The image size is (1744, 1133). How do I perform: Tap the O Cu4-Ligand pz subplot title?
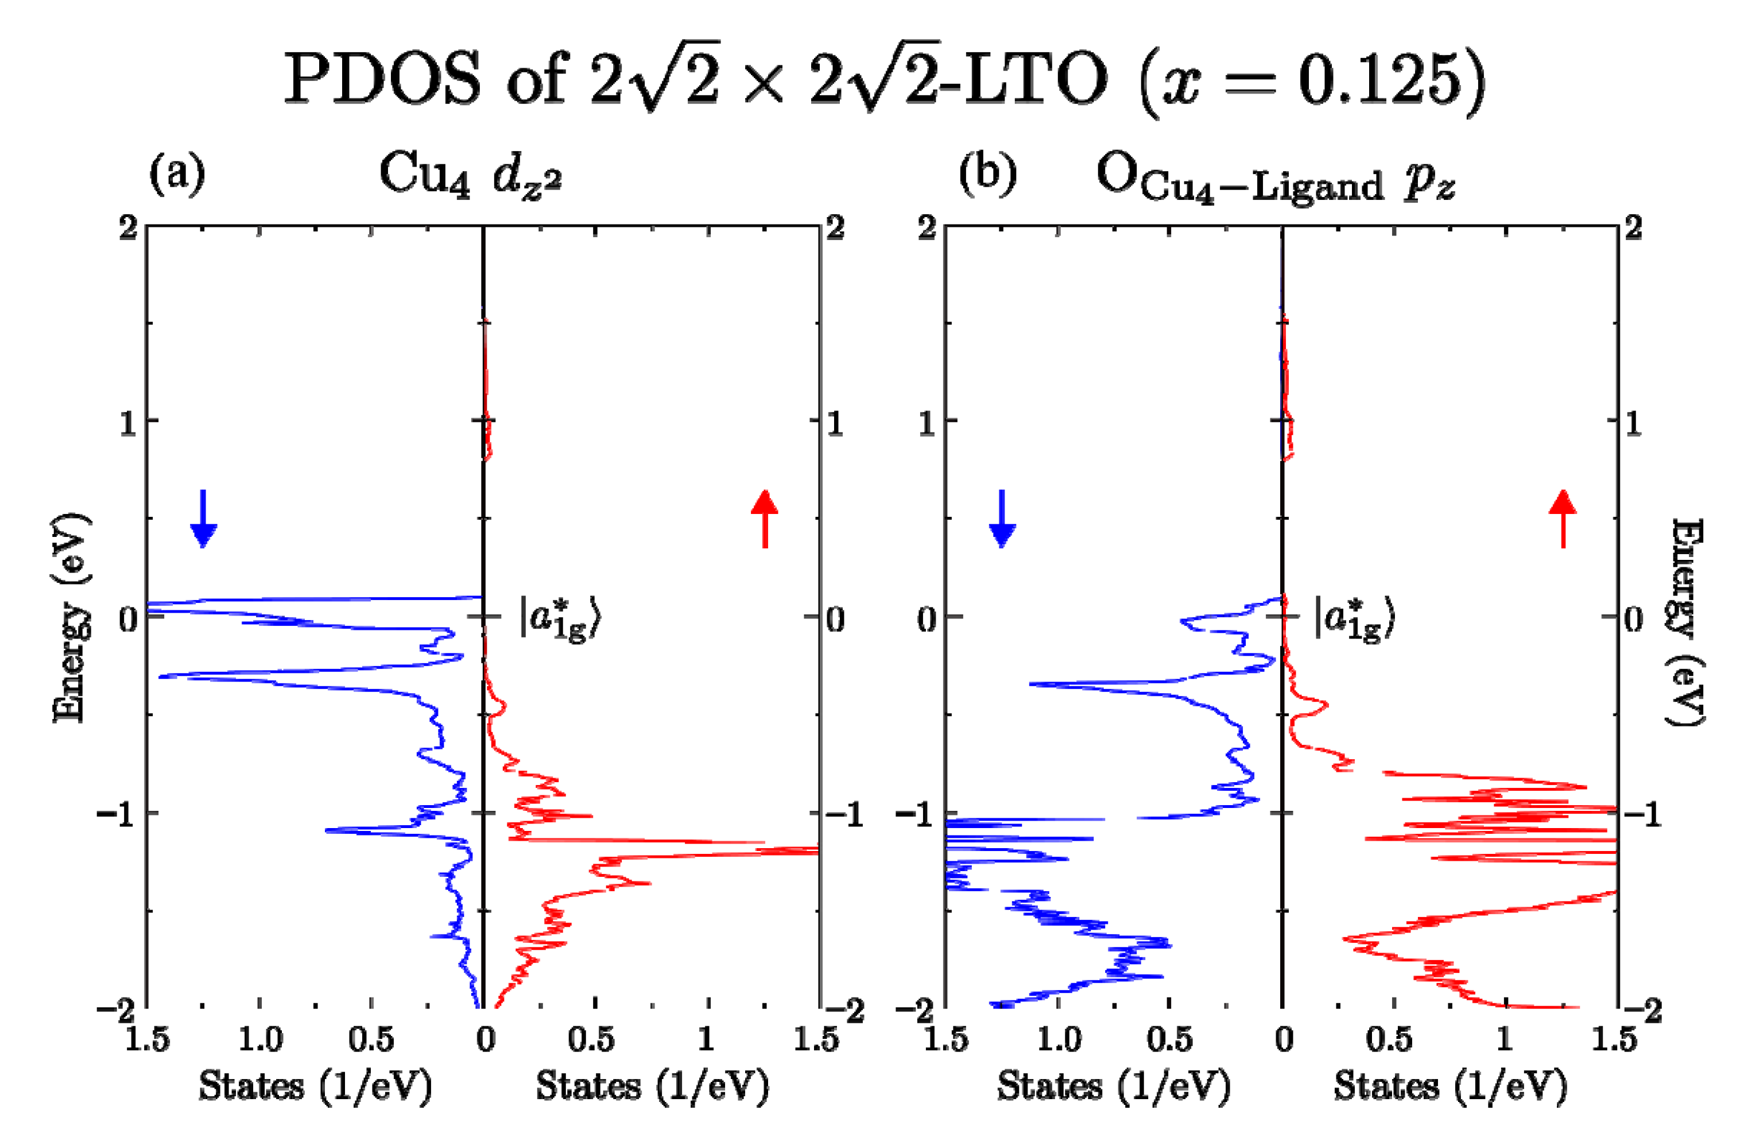[x=1275, y=180]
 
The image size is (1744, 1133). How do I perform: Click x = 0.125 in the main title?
[x=1312, y=80]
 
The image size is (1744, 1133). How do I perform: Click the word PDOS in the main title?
[x=381, y=79]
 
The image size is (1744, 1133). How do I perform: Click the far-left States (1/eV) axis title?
[x=315, y=1086]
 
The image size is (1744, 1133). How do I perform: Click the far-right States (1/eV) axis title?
[x=1450, y=1086]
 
